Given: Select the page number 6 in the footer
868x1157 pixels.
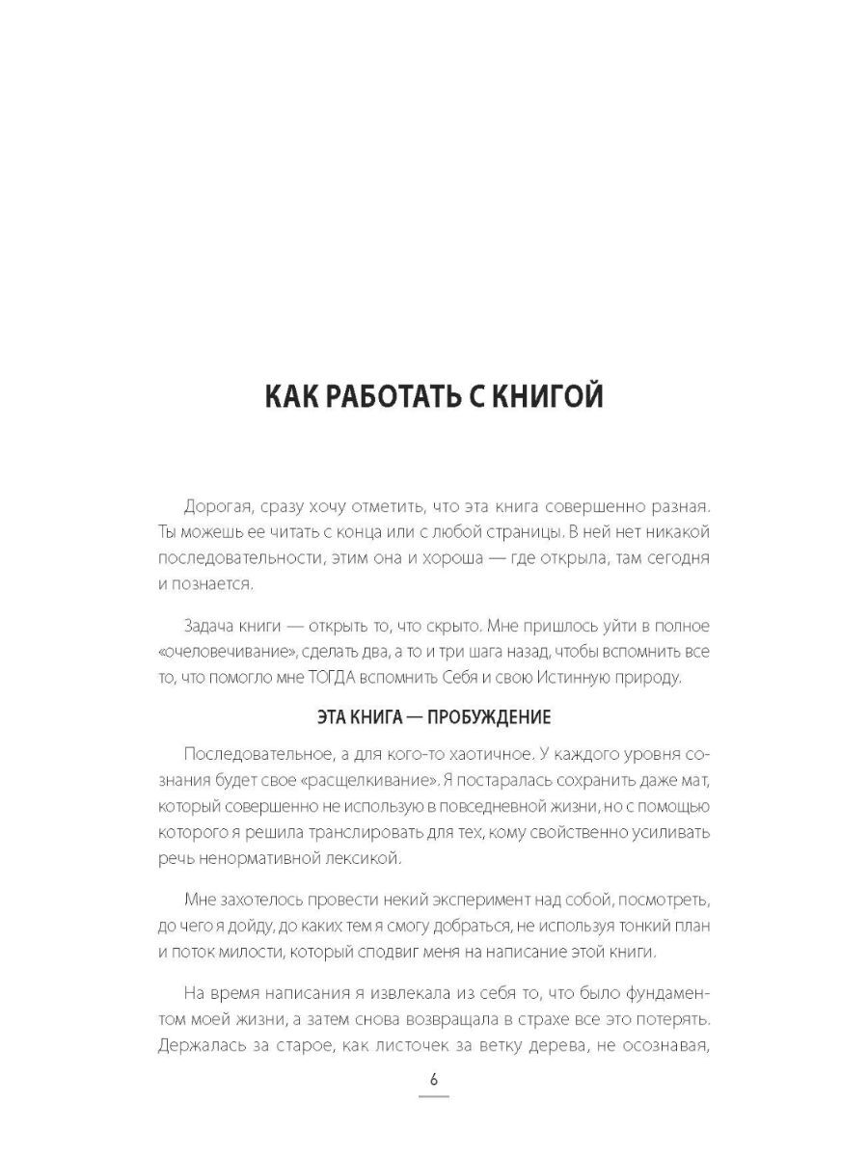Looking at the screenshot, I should [x=434, y=1079].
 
